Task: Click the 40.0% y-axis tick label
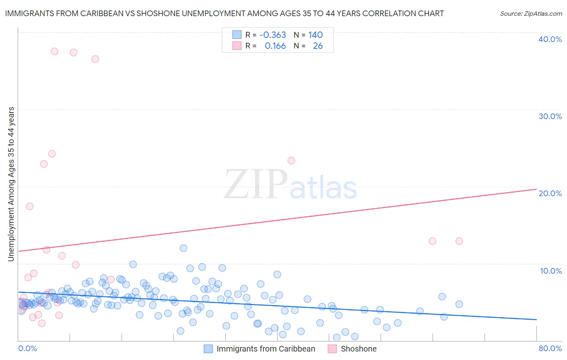550,40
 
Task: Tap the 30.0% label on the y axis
550,117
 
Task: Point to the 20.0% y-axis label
550,194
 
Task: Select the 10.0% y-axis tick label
551,271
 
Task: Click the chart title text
224,14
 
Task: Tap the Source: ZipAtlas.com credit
531,14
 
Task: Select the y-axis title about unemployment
11,184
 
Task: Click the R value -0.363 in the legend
273,35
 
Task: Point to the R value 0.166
275,46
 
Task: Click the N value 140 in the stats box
315,35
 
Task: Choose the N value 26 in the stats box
318,46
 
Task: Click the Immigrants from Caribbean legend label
266,349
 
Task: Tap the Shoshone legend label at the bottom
359,349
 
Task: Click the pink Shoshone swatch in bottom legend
332,349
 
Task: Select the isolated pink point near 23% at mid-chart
291,161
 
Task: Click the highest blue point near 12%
183,248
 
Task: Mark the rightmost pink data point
459,241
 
